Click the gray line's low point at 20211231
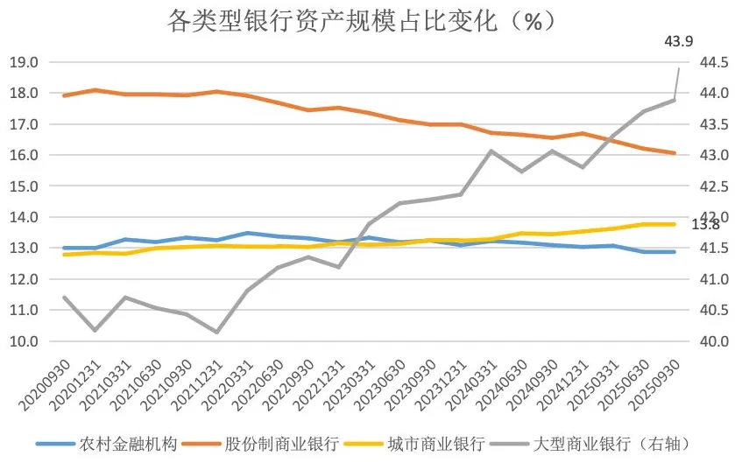216,333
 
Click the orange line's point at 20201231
95,90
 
